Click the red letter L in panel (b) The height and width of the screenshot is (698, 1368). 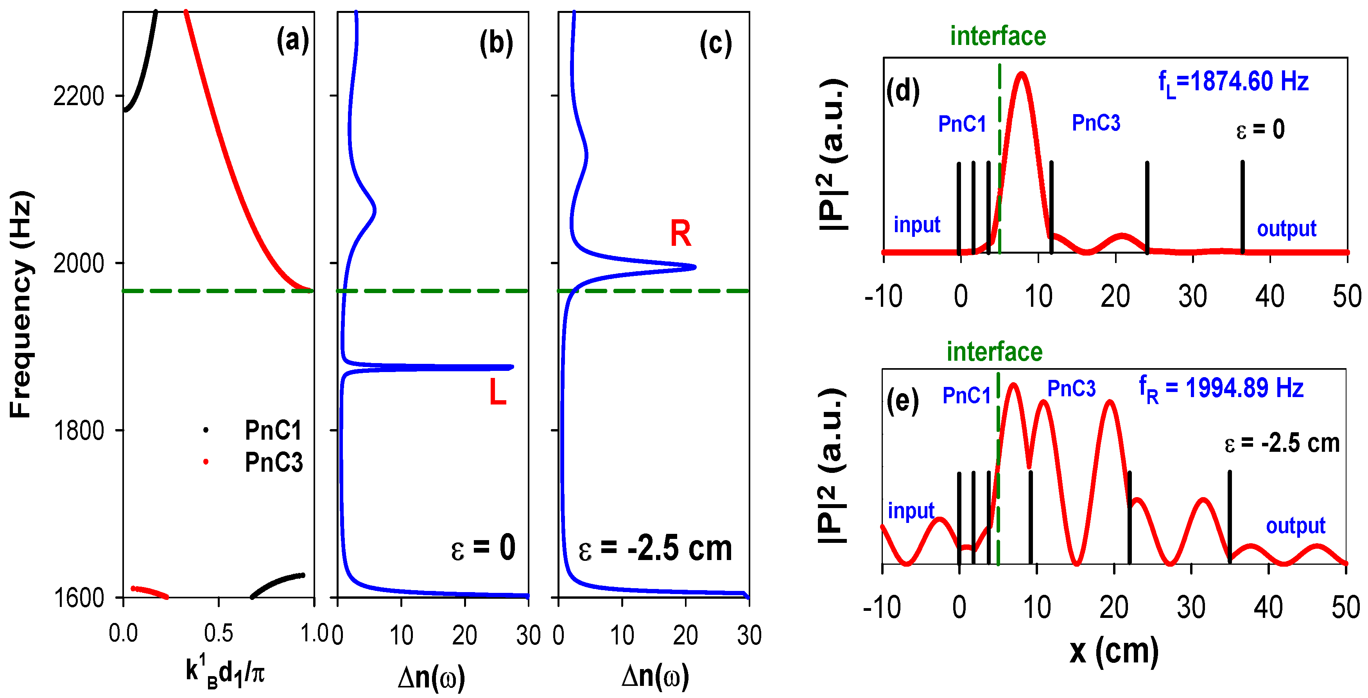point(498,393)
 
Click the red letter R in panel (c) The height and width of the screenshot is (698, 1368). point(680,234)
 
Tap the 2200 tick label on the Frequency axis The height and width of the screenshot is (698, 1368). point(79,97)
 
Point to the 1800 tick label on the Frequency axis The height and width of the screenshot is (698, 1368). point(79,430)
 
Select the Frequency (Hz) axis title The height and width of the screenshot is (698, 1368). point(21,304)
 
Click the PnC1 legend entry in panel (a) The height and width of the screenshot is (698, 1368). point(273,430)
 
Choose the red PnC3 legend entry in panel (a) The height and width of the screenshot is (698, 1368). point(273,463)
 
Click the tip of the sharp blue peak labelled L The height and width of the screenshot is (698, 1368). point(511,367)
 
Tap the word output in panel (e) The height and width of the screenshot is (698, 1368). point(1295,526)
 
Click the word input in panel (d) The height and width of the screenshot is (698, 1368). point(916,225)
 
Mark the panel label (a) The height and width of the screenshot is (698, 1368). point(292,40)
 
